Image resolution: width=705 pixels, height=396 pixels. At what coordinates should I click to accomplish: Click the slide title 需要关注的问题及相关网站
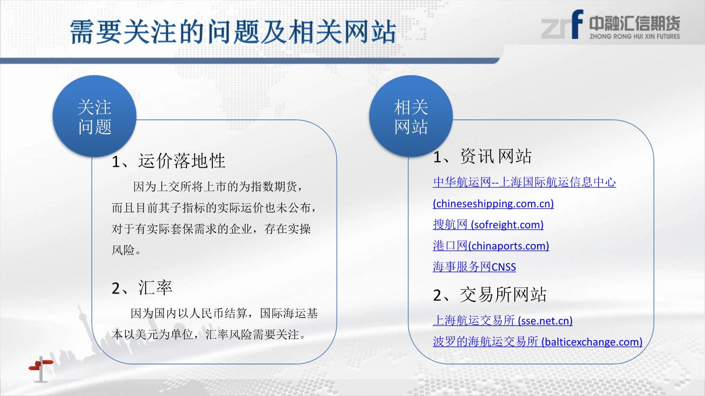233,31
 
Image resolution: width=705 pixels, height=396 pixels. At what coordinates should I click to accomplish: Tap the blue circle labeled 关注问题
94,116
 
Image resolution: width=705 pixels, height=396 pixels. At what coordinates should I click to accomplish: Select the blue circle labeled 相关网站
411,116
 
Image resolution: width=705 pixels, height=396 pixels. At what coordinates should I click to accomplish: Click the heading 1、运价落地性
168,161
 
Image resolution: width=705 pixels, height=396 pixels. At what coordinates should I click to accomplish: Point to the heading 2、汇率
142,287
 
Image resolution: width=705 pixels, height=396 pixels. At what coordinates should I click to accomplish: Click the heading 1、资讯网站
482,156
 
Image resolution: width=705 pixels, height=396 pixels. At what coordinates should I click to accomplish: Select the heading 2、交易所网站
490,295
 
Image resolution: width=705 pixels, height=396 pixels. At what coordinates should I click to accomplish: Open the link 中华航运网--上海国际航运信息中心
525,182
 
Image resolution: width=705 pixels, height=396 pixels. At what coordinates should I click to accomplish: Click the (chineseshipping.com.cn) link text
493,203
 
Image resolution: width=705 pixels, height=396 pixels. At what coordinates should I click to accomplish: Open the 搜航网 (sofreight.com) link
488,225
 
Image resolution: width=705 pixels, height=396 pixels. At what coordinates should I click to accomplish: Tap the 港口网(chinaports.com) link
491,246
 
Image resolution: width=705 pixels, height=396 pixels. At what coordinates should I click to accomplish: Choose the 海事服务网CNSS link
474,267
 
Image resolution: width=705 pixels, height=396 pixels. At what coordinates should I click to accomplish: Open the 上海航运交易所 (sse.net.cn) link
502,320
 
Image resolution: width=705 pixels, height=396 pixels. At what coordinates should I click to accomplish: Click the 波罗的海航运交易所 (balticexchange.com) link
538,342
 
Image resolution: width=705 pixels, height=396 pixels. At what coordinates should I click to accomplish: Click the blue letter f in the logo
577,24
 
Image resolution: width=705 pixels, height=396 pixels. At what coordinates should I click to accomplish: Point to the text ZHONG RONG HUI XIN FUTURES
634,37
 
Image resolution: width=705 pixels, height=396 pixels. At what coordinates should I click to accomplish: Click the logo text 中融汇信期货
634,23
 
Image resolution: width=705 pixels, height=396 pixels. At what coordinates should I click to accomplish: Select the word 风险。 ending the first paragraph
126,250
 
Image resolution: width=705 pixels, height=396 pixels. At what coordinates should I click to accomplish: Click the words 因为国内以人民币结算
189,313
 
